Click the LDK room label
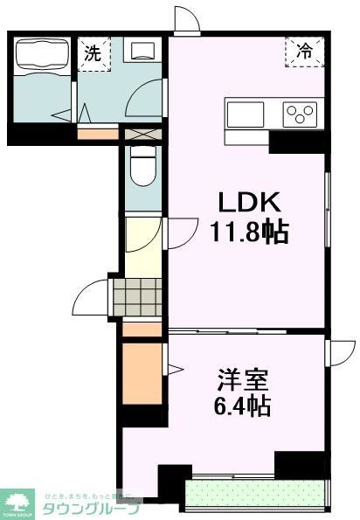point(248,204)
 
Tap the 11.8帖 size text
point(248,232)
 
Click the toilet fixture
point(141,165)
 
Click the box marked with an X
point(139,135)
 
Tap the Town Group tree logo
point(18,503)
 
